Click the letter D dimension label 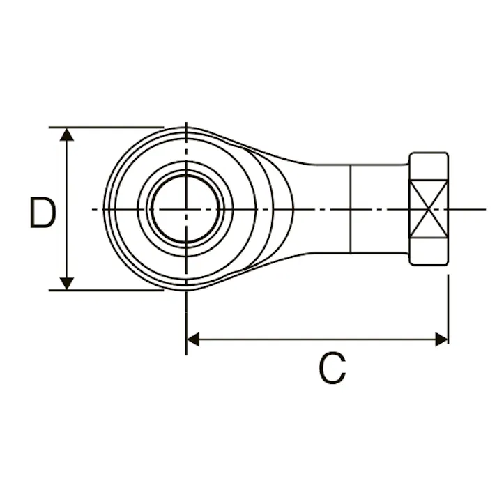43,213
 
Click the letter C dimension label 332,367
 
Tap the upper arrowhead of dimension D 66,135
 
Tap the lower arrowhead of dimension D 66,284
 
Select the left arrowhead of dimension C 193,339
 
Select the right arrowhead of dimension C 442,339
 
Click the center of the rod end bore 186,209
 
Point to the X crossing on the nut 429,209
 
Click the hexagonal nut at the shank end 429,209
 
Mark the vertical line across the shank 351,209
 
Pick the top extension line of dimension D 106,128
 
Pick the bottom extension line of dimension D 106,290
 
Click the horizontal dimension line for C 317,339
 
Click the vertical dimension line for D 66,209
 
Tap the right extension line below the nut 448,309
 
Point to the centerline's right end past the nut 486,209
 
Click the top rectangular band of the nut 429,166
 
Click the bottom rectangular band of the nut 429,252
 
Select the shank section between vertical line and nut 380,209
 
